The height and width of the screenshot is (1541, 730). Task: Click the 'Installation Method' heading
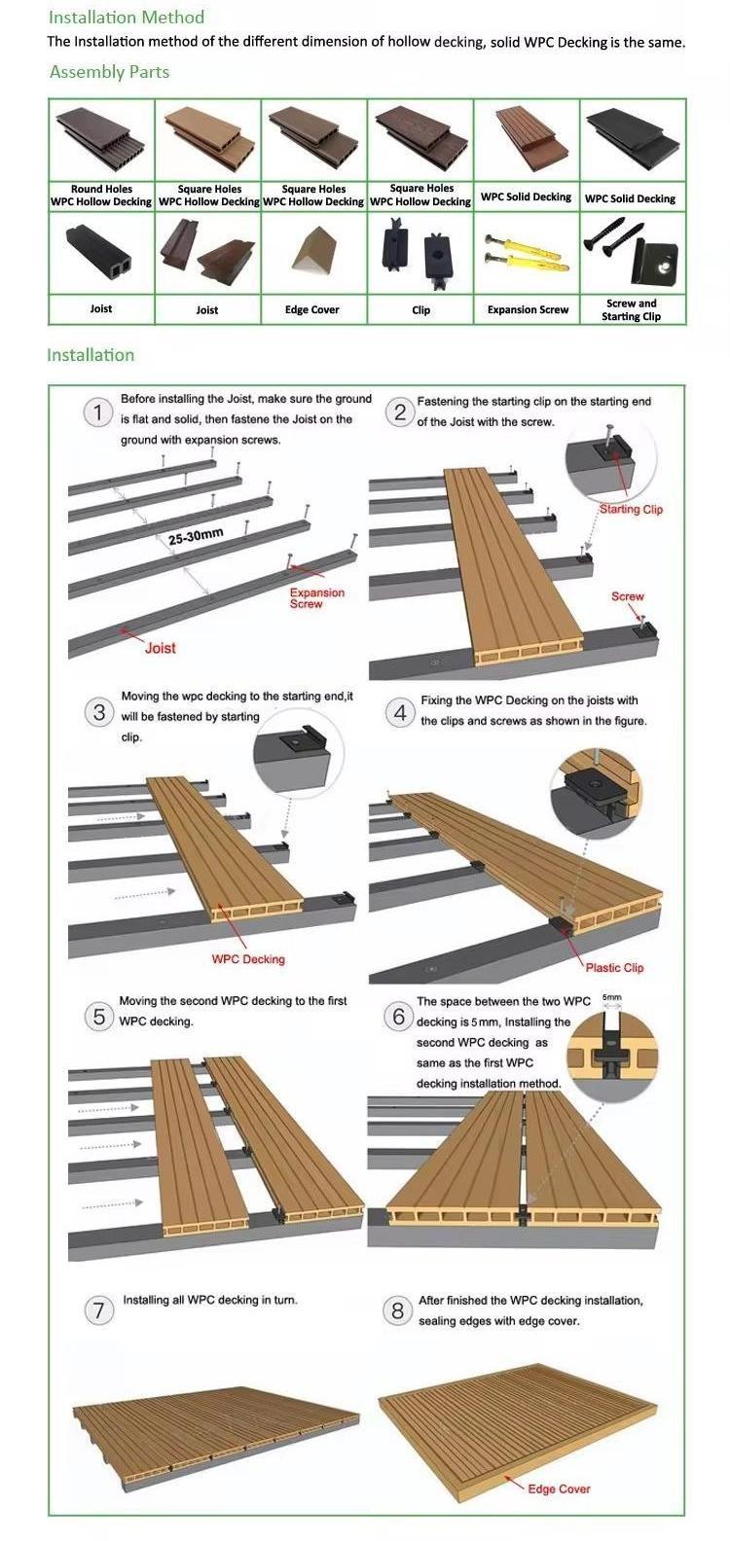tap(126, 18)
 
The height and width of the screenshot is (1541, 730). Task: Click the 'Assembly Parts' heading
tap(109, 72)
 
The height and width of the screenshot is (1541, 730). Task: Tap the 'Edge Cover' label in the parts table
tap(311, 309)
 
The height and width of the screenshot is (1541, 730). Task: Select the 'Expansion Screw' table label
tap(528, 309)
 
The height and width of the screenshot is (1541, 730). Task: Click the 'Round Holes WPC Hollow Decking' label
tap(101, 195)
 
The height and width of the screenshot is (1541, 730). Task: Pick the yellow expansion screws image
tap(527, 253)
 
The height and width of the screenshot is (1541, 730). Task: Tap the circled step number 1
tap(97, 412)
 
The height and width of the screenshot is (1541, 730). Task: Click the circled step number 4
tap(400, 713)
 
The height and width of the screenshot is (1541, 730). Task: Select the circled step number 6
tap(398, 1016)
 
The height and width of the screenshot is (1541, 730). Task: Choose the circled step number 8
tap(397, 1311)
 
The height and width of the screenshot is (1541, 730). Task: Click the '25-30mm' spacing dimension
tap(196, 536)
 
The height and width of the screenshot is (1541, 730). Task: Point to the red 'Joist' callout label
tap(161, 648)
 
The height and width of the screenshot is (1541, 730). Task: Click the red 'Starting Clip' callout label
tap(631, 509)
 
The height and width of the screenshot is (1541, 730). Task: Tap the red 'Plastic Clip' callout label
tap(614, 967)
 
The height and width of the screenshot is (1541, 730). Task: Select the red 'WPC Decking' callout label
tap(248, 959)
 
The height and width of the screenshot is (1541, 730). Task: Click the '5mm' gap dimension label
tap(611, 997)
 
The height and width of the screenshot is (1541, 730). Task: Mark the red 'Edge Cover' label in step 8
tap(559, 1488)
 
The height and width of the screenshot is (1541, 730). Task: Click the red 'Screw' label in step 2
tap(628, 596)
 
